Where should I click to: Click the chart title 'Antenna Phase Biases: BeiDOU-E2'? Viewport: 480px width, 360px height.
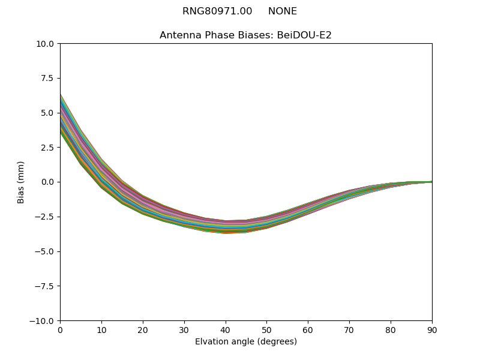(x=245, y=35)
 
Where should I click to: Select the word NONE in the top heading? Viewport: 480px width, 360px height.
(x=283, y=11)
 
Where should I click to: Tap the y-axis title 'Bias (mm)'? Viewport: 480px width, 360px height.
(x=21, y=182)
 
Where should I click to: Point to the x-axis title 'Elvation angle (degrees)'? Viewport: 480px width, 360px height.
(x=245, y=341)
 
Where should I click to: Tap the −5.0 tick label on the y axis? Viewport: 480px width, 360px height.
(x=45, y=251)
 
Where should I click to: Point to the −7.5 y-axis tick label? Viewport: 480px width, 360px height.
(x=45, y=286)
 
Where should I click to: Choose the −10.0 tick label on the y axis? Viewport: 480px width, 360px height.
(x=43, y=321)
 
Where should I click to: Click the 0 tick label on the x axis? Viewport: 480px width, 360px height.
(x=60, y=329)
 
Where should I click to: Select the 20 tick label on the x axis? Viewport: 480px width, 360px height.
(x=143, y=329)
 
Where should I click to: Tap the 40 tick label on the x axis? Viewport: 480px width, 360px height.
(x=226, y=329)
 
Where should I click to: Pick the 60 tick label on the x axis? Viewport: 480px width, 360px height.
(x=308, y=329)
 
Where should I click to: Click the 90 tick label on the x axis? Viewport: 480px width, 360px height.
(x=432, y=329)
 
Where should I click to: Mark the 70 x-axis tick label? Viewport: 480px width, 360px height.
(x=349, y=329)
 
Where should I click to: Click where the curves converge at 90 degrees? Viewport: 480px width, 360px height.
(x=431, y=182)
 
